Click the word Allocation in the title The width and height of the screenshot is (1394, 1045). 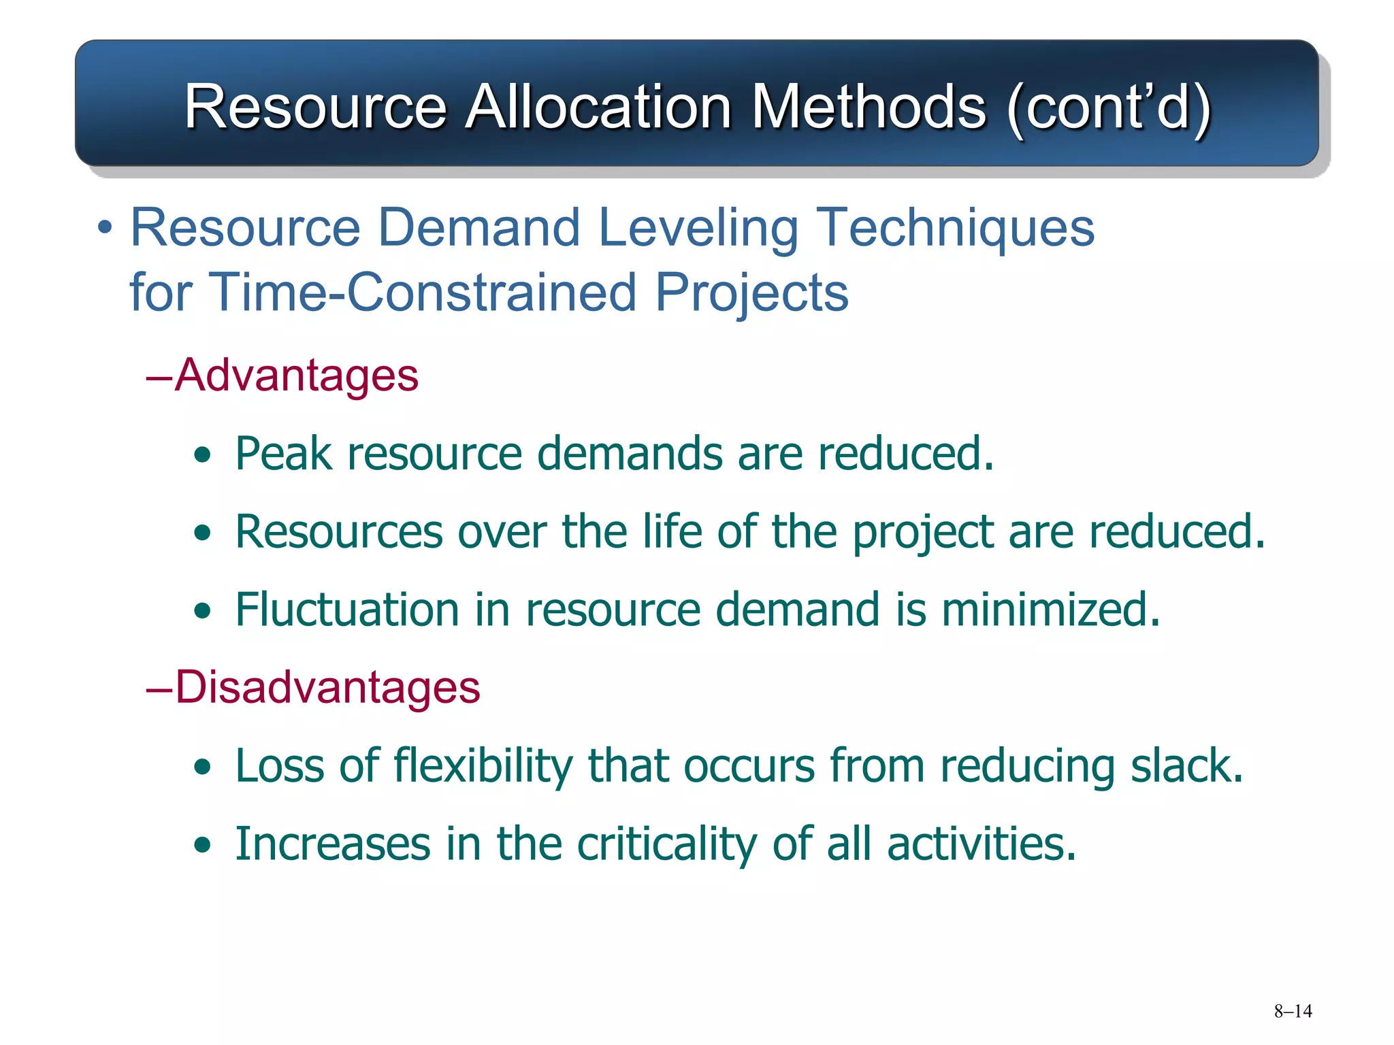(x=598, y=107)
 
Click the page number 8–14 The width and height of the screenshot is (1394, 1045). (x=1293, y=1011)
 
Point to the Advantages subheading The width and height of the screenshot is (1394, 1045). (x=296, y=375)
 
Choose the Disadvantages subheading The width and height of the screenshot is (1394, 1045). (x=327, y=686)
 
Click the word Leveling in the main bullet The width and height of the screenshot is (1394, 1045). (x=698, y=228)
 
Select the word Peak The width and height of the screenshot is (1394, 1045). (x=284, y=453)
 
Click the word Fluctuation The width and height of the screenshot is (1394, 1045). (x=347, y=609)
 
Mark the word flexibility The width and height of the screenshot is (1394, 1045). (x=483, y=765)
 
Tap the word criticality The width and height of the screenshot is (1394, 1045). (x=666, y=844)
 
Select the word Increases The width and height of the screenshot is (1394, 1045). (x=333, y=844)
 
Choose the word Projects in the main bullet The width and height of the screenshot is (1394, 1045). (x=751, y=293)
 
